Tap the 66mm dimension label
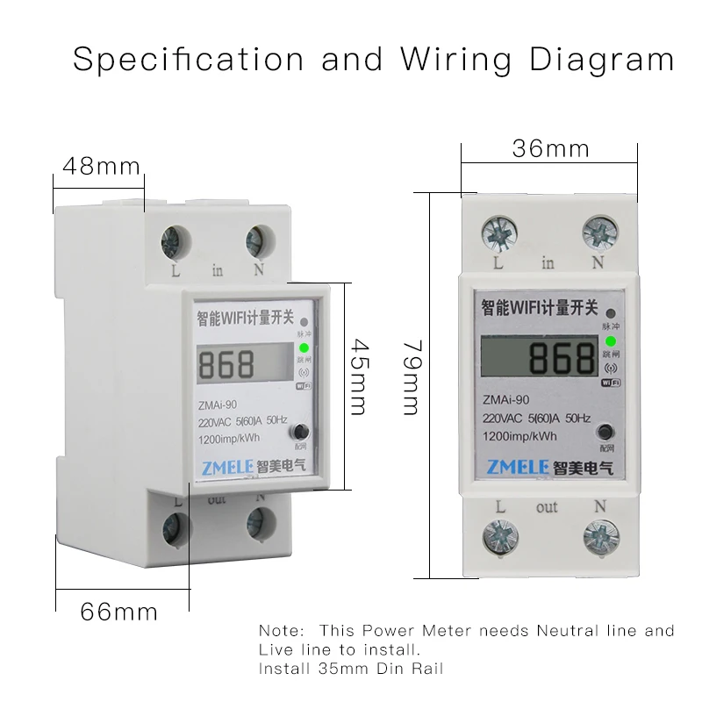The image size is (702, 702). tap(119, 611)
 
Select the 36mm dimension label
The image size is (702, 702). tap(550, 148)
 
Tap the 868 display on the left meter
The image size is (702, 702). tap(227, 364)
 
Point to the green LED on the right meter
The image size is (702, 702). tap(610, 340)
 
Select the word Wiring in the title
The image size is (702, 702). tap(456, 59)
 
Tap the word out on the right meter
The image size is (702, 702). tap(547, 507)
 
